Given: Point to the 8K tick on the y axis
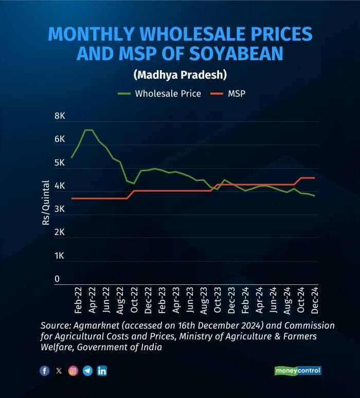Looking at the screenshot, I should click(60, 117).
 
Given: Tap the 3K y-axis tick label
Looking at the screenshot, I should click(60, 210).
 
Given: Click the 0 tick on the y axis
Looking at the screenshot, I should click(57, 279).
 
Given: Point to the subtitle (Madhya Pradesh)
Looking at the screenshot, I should click(180, 75).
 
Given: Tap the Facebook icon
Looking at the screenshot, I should click(44, 371).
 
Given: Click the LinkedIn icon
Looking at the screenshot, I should click(102, 371).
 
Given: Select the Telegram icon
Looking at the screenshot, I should click(87, 371).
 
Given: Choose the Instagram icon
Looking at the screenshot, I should click(73, 371).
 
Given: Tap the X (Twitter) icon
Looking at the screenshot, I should click(59, 371).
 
